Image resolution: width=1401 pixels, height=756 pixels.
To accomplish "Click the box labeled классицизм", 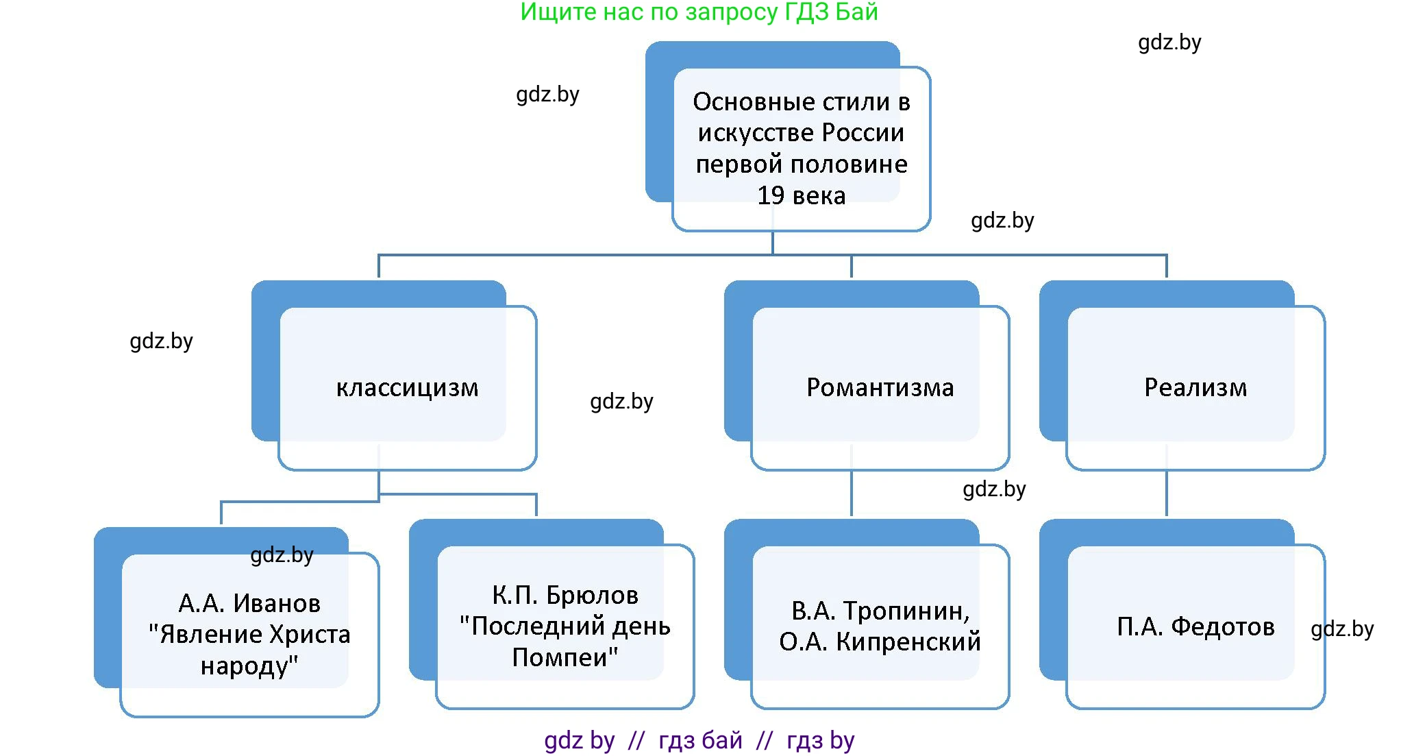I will tap(407, 388).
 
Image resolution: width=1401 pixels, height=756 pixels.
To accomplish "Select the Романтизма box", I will tap(880, 388).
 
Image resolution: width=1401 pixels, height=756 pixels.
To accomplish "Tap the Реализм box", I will tap(1195, 388).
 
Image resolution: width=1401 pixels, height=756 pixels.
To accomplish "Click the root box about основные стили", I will tap(801, 148).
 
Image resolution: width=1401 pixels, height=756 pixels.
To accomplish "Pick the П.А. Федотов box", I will tap(1195, 626).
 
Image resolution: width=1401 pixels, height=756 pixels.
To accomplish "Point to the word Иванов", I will tap(277, 604).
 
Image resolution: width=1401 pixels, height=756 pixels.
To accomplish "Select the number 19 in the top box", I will tap(771, 196).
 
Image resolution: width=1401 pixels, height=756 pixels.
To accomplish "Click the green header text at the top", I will tap(699, 12).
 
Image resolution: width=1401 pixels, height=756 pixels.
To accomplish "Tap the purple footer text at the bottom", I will tap(699, 741).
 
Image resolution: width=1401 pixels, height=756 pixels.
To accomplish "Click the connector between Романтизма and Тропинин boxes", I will tap(852, 493).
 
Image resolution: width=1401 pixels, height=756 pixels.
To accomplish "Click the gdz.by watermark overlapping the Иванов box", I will tap(282, 554).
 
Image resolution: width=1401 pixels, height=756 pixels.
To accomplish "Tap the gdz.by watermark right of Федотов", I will tap(1341, 629).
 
